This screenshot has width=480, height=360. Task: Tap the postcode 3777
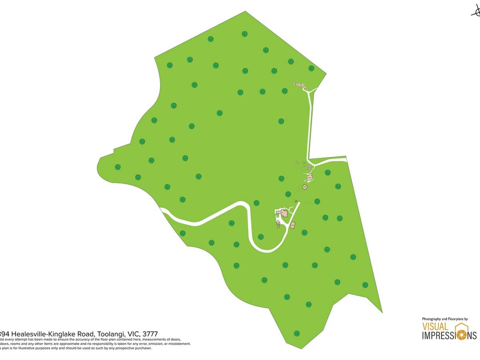point(150,334)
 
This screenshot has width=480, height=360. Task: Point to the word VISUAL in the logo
point(435,327)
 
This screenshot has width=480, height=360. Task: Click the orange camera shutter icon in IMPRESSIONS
point(461,335)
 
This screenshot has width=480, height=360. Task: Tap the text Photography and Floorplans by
point(445,319)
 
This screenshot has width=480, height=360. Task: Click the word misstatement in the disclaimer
point(179,344)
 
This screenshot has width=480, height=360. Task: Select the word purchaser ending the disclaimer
point(142,348)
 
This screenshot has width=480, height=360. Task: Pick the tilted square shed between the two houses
point(305,187)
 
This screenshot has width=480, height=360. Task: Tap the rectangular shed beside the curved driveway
point(292,225)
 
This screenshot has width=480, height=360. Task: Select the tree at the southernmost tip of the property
point(297,333)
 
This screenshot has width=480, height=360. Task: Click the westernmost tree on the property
point(118,167)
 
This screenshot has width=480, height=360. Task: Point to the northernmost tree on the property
point(244,34)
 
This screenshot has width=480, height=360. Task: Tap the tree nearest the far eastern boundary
point(365,285)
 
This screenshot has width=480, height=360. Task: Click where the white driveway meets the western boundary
point(162,210)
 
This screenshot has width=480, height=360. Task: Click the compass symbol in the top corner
point(476,12)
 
